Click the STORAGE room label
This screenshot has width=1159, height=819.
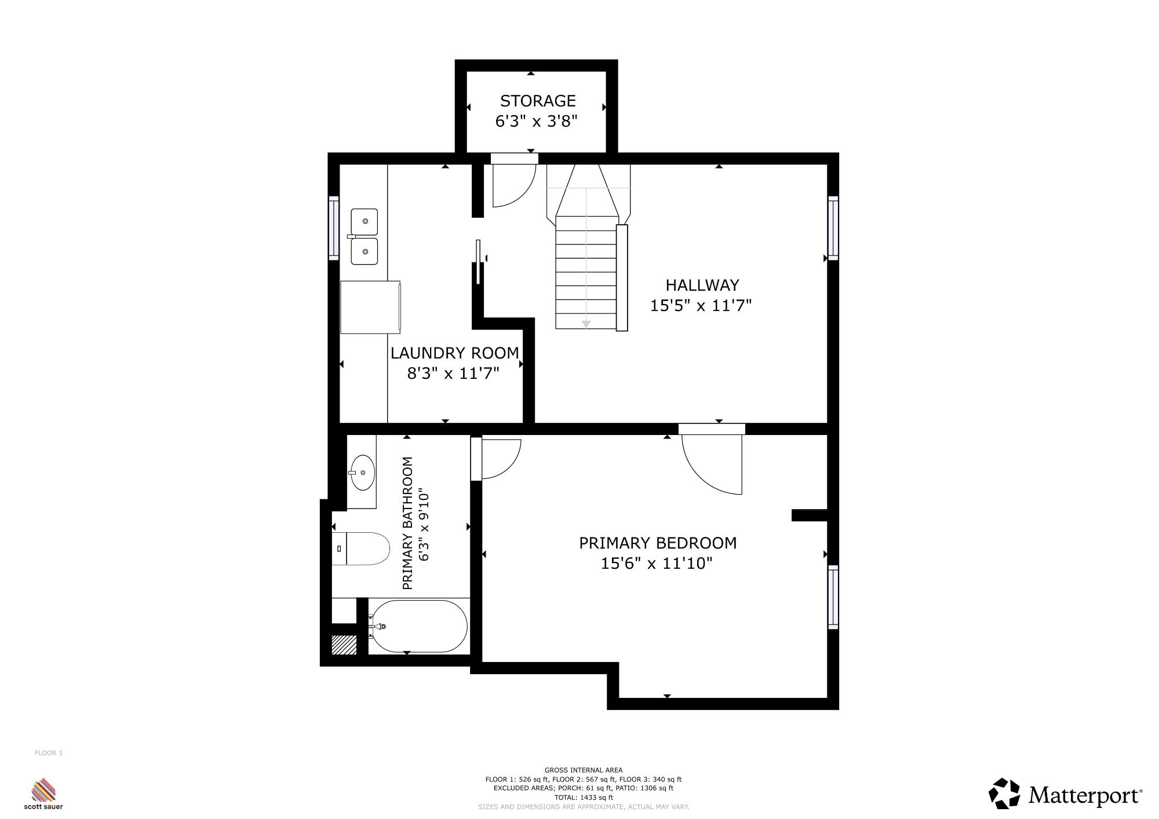pyautogui.click(x=538, y=101)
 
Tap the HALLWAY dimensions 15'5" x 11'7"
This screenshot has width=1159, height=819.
pyautogui.click(x=701, y=305)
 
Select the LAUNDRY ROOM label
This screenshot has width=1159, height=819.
pyautogui.click(x=454, y=353)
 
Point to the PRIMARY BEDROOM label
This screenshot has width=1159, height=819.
pyautogui.click(x=658, y=543)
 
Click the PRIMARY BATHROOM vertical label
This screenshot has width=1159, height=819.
pyautogui.click(x=407, y=523)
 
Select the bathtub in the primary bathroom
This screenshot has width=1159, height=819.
pyautogui.click(x=418, y=626)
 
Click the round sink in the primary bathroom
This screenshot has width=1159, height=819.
pyautogui.click(x=362, y=473)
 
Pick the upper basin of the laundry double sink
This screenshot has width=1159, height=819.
pyautogui.click(x=364, y=222)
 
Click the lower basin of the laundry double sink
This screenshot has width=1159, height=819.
pyautogui.click(x=364, y=251)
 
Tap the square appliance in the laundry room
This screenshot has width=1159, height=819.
pyautogui.click(x=370, y=307)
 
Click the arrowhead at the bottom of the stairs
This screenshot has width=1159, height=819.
pyautogui.click(x=586, y=324)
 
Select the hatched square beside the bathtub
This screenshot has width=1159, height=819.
pyautogui.click(x=344, y=645)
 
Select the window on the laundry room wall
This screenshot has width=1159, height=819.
pyautogui.click(x=334, y=228)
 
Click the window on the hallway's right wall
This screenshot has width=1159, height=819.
pyautogui.click(x=833, y=228)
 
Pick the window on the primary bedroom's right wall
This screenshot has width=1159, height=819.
pyautogui.click(x=833, y=597)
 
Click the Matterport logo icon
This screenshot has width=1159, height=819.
pyautogui.click(x=1004, y=794)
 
